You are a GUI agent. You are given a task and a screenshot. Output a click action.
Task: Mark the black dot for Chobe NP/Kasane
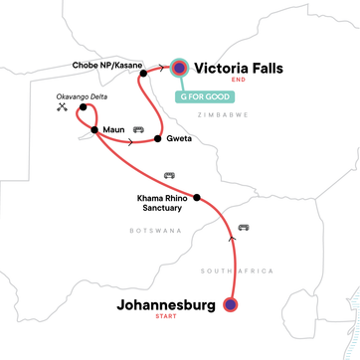pyautogui.click(x=144, y=73)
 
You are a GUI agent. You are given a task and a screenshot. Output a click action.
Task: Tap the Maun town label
pyautogui.click(x=112, y=130)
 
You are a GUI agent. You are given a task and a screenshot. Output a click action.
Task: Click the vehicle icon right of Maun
pyautogui.click(x=138, y=129)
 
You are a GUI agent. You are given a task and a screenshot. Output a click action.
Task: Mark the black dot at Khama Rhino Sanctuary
pyautogui.click(x=196, y=195)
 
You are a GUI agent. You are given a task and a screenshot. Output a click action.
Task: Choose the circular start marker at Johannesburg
pyautogui.click(x=232, y=305)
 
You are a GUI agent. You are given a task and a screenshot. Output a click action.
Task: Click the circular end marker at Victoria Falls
pyautogui.click(x=179, y=68)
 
